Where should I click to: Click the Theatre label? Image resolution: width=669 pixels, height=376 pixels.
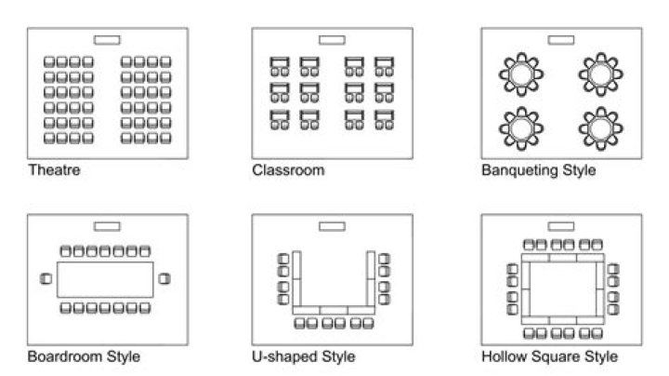click(54, 170)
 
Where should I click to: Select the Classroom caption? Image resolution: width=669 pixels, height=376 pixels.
click(288, 170)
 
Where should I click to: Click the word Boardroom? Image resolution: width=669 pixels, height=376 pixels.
click(65, 356)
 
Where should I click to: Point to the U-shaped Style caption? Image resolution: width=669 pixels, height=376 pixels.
click(303, 356)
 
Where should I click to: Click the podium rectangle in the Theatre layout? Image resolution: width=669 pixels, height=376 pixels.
click(107, 40)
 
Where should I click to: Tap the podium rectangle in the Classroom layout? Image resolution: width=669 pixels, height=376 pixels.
click(332, 40)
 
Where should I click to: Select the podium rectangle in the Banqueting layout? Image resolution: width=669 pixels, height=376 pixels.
click(561, 40)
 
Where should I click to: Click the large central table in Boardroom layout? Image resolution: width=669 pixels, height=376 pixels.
click(105, 279)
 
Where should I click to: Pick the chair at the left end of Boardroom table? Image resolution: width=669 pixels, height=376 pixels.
click(46, 279)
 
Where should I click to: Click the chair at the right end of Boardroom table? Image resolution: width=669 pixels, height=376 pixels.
click(164, 279)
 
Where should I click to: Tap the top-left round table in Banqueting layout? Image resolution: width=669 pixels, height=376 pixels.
click(521, 74)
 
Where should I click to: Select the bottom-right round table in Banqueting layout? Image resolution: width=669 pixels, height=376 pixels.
click(601, 128)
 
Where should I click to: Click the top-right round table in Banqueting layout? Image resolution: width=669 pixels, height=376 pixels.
click(601, 74)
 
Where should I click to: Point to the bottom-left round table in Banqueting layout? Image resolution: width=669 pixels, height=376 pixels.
click(521, 128)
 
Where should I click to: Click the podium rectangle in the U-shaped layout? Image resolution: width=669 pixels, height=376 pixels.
click(332, 226)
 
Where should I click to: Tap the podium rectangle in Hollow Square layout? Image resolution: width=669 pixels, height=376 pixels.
click(561, 226)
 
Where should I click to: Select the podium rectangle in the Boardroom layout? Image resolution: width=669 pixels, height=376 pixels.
click(107, 226)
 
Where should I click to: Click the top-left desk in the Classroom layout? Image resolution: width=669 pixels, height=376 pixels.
click(280, 62)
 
